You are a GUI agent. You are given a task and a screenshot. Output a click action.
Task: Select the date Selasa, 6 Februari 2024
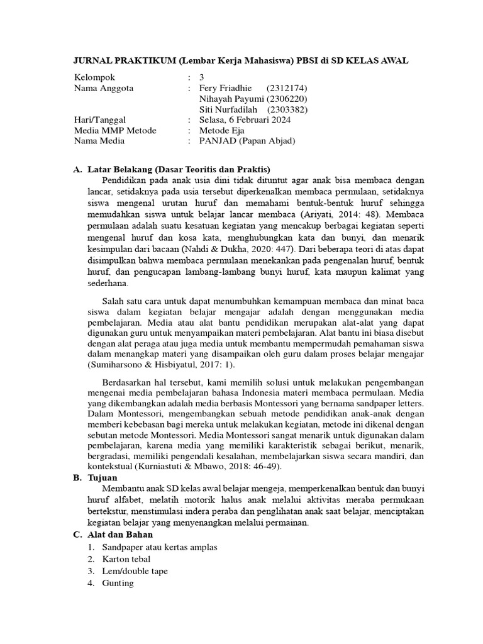pyautogui.click(x=245, y=120)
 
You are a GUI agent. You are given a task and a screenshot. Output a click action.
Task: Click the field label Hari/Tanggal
pyautogui.click(x=100, y=120)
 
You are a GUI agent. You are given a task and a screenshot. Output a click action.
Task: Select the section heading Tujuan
pyautogui.click(x=104, y=478)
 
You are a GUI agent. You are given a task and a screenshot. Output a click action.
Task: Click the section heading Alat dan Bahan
pyautogui.click(x=120, y=535)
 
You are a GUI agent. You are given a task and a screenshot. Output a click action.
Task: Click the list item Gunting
pyautogui.click(x=118, y=583)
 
